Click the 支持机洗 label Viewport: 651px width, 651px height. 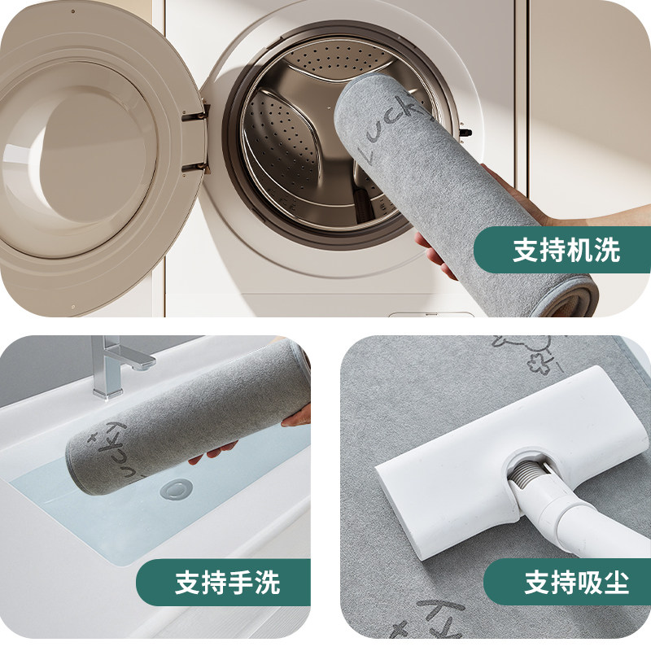[566, 250]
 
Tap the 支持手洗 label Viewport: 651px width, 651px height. [227, 583]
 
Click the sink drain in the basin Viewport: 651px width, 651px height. [174, 489]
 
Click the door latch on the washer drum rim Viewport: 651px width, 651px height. [465, 130]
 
